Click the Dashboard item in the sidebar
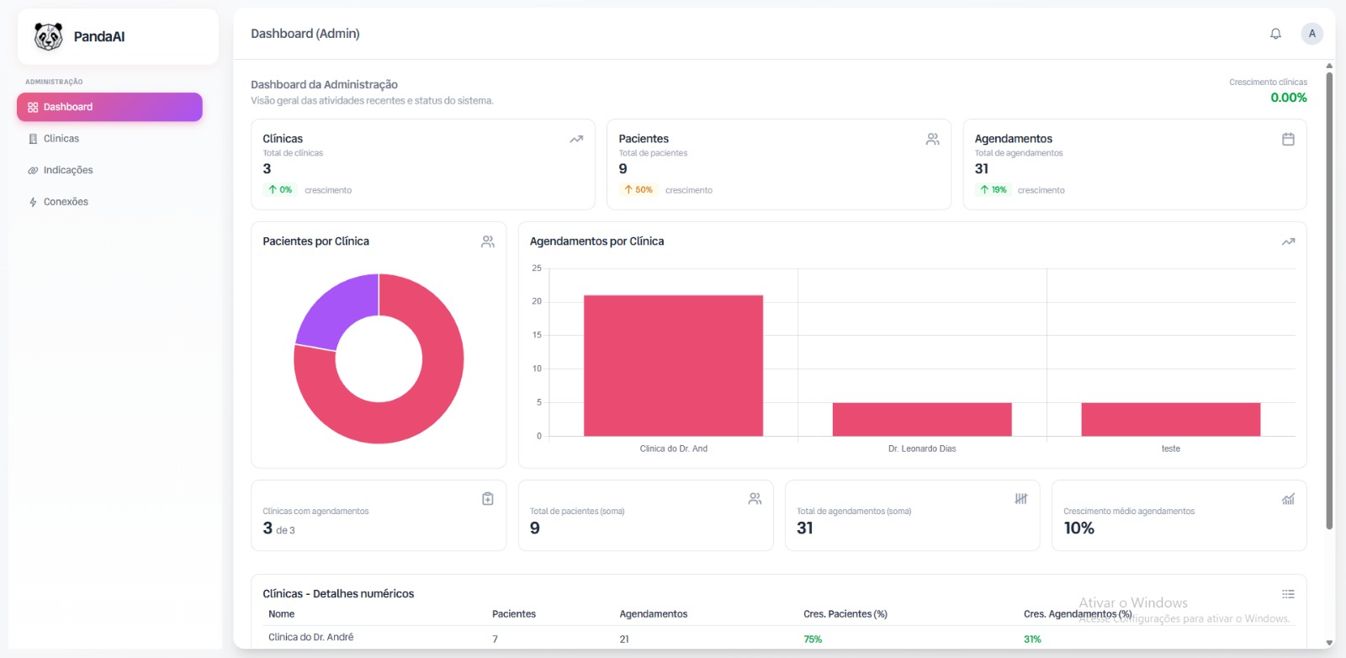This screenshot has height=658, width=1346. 109,107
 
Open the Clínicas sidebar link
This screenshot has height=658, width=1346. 61,139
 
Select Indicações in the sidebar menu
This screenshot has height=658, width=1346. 67,170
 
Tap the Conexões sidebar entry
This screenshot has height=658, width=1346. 66,202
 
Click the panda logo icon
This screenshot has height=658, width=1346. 49,36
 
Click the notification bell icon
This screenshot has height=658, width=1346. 1275,34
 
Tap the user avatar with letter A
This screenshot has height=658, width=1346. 1312,34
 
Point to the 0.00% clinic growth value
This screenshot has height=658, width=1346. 1288,98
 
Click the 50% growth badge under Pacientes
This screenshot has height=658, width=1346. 639,190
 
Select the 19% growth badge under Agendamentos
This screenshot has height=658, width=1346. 994,190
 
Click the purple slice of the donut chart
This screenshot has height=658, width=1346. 332,311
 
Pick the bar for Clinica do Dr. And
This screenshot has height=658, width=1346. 673,366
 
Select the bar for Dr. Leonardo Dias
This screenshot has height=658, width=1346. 922,419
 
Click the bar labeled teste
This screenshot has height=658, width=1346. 1170,419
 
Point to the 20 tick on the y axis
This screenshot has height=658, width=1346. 537,301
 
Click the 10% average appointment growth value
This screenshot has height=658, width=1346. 1078,528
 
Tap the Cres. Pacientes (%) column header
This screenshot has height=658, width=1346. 845,614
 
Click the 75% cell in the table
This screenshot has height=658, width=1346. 813,639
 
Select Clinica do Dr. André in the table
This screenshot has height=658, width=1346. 310,638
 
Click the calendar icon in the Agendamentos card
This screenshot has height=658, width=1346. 1288,140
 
